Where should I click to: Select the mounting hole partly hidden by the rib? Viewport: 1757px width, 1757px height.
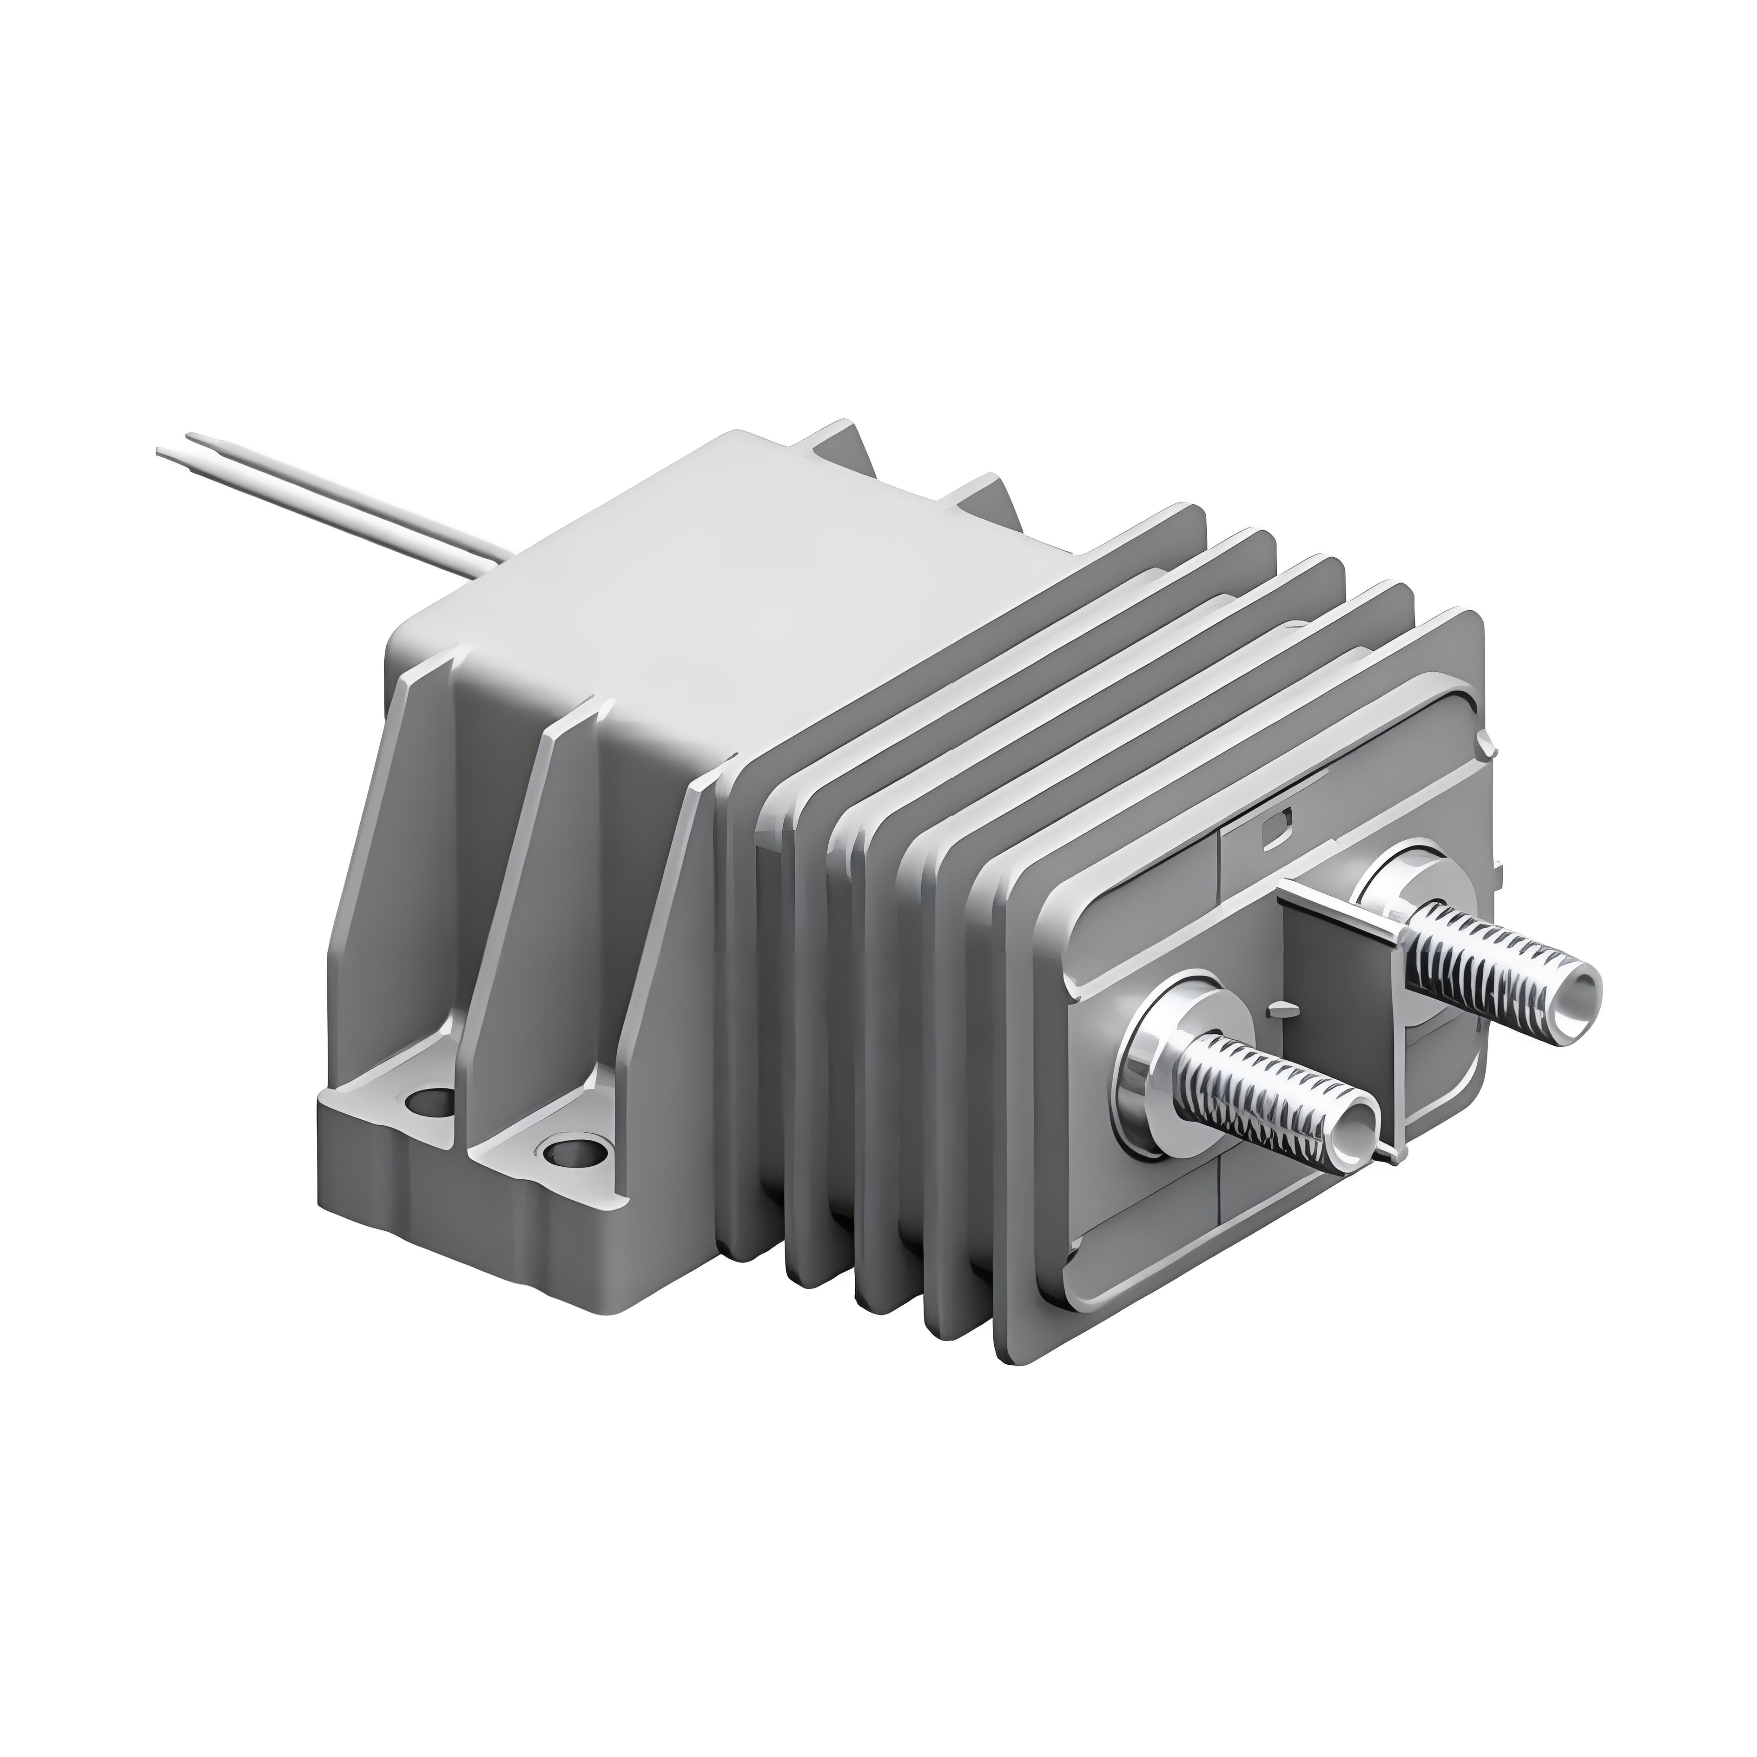pos(429,1103)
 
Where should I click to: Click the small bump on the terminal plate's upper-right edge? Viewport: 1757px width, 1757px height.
pos(1489,723)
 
